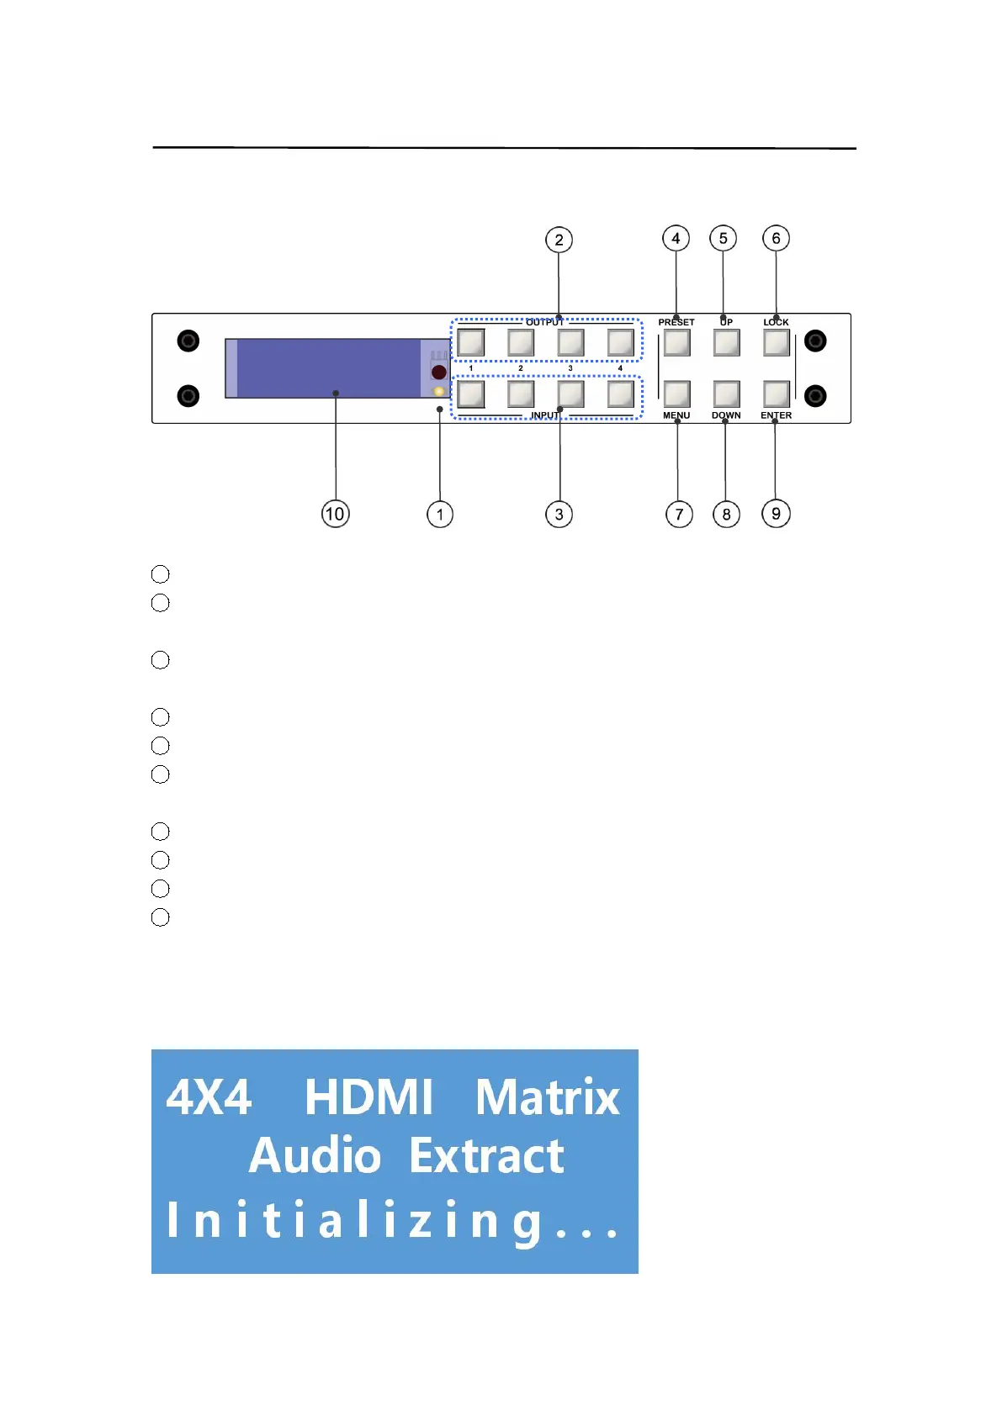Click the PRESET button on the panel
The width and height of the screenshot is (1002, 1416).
click(676, 343)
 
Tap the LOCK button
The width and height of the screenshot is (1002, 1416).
click(776, 343)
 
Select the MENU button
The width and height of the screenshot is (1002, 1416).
click(676, 394)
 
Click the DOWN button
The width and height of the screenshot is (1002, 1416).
click(726, 394)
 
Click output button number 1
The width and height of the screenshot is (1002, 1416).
click(470, 343)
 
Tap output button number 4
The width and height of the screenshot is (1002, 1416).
click(620, 343)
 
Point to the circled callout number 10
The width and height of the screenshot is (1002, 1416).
click(335, 514)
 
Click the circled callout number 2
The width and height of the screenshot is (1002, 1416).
click(559, 240)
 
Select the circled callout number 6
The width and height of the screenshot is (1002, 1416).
click(776, 239)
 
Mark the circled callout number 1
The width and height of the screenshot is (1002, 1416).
click(440, 514)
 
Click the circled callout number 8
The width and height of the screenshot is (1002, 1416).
click(726, 514)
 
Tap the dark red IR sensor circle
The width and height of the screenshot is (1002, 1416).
click(438, 372)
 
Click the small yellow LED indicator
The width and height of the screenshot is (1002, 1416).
click(438, 391)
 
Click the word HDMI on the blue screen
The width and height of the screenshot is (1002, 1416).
click(368, 1097)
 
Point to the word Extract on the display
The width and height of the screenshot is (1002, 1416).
click(486, 1156)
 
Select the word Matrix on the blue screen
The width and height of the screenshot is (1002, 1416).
click(547, 1097)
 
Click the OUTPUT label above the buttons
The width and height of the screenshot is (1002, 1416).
click(544, 322)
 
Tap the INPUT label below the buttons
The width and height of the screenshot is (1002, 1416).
click(544, 415)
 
